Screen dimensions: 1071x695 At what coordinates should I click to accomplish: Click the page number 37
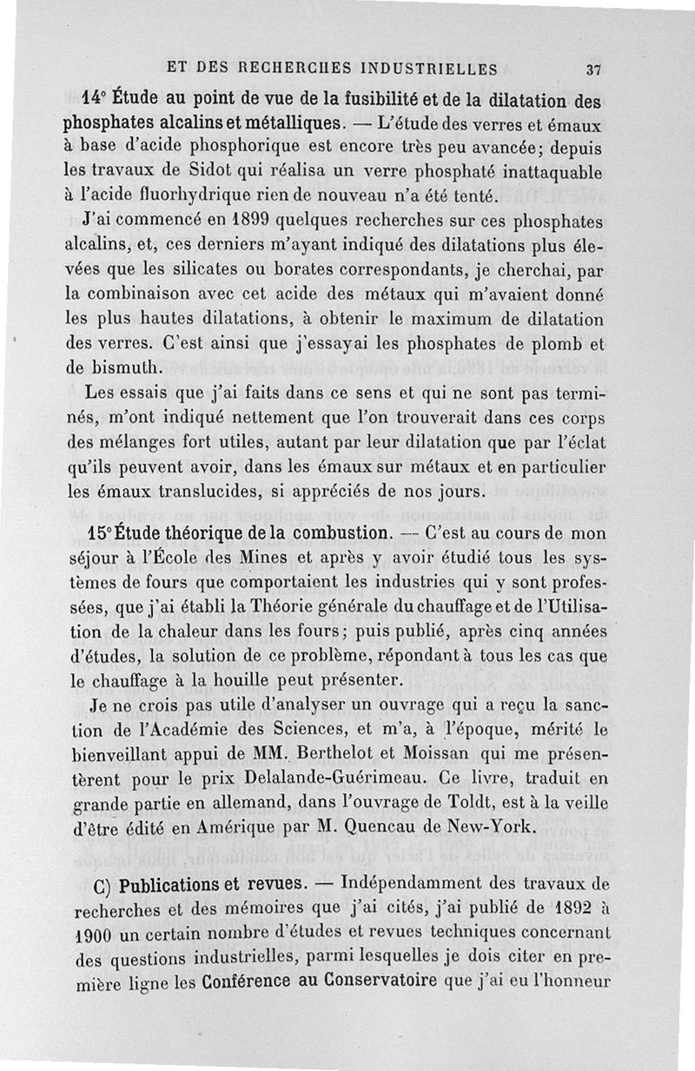tap(594, 69)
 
